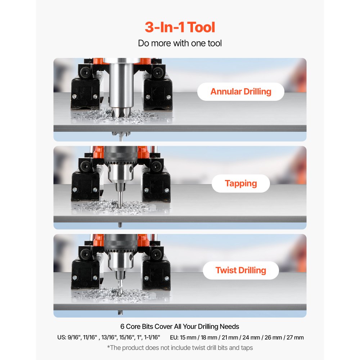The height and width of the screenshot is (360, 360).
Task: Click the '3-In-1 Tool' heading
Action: (180, 27)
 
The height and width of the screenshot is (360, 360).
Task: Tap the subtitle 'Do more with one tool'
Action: (180, 43)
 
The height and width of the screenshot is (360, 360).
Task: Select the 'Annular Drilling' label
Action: (241, 91)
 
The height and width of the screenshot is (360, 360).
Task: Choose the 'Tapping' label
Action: (241, 184)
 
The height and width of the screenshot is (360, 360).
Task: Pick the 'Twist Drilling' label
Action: (241, 270)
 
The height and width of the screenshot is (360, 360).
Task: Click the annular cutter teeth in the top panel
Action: (121, 112)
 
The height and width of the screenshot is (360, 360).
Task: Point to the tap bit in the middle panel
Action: (120, 199)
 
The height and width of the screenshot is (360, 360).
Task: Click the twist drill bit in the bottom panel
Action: (120, 287)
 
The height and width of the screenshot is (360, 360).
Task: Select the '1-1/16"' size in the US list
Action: (152, 337)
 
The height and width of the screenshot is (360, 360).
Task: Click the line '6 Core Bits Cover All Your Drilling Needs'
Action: (180, 327)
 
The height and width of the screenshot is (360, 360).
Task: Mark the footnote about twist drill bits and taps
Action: (180, 348)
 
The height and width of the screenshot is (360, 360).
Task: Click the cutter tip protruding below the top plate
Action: (121, 136)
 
